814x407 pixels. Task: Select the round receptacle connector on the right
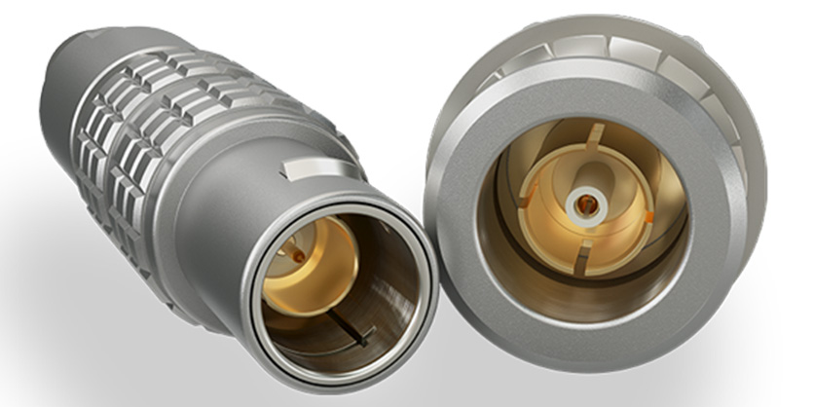coord(594,195)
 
